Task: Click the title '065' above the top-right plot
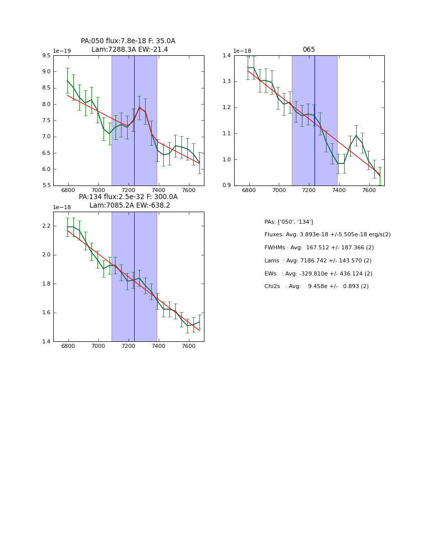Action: click(x=308, y=50)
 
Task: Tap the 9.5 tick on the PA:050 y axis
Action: click(x=46, y=56)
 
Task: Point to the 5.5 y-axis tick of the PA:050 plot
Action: click(x=46, y=186)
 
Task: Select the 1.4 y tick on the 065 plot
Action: click(x=227, y=56)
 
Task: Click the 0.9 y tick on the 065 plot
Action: click(x=227, y=186)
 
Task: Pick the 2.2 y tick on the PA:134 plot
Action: click(x=46, y=226)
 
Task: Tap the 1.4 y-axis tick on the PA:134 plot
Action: click(x=46, y=342)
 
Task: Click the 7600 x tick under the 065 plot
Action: click(x=369, y=191)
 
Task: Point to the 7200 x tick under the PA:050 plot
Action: click(x=129, y=191)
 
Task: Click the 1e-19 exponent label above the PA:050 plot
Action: click(x=62, y=51)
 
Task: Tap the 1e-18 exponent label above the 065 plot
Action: click(x=242, y=51)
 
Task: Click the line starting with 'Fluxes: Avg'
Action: click(x=327, y=235)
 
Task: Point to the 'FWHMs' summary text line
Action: click(x=319, y=248)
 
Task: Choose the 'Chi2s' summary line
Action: click(x=316, y=287)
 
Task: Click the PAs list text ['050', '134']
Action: click(x=288, y=222)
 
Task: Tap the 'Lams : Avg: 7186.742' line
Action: click(x=317, y=261)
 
